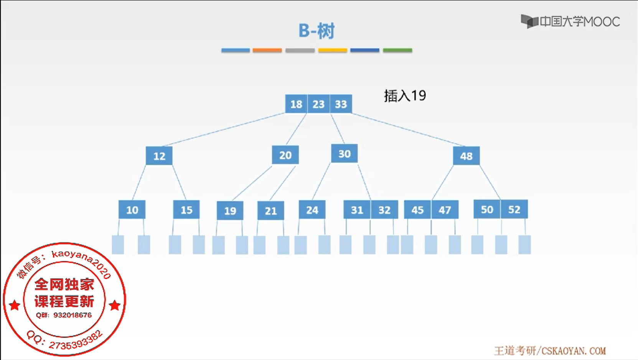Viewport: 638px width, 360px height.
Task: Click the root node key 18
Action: coord(296,104)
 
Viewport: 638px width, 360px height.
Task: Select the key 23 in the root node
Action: coord(318,104)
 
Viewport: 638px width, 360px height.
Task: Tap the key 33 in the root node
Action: coord(341,104)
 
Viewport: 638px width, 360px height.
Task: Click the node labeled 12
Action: coord(159,156)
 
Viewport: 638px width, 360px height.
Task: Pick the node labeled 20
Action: coord(285,155)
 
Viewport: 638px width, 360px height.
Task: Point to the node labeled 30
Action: coord(344,154)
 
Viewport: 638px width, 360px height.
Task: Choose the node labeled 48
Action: coord(466,156)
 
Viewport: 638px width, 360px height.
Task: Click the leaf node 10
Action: coord(132,210)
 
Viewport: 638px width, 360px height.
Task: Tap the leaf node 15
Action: coord(186,210)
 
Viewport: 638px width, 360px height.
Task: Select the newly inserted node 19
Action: coord(230,210)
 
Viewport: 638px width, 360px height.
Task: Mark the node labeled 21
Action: coord(270,210)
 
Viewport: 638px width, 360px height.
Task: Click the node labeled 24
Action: coord(312,210)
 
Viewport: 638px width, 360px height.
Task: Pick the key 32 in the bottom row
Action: coord(384,210)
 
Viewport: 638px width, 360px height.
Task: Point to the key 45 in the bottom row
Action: coord(417,210)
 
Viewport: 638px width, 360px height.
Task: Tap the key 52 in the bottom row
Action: coord(514,209)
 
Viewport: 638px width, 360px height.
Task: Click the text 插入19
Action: coord(405,95)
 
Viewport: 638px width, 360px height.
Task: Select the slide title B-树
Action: coord(317,31)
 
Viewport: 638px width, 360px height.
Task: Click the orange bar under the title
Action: coord(267,50)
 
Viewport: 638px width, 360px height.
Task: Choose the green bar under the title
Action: coord(397,50)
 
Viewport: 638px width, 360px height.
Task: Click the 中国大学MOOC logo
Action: coord(570,21)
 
